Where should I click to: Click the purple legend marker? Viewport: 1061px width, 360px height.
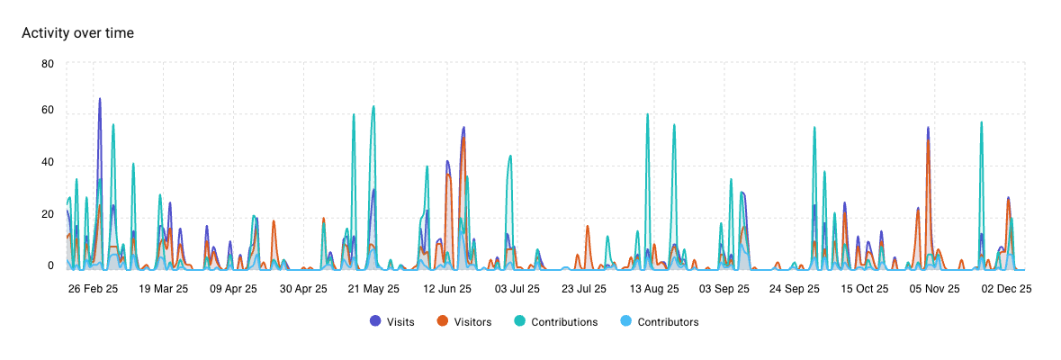click(x=375, y=320)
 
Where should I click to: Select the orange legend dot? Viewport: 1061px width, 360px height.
click(x=442, y=320)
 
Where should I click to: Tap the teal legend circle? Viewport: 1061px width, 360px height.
click(x=519, y=320)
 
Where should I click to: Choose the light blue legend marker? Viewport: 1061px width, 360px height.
click(x=625, y=320)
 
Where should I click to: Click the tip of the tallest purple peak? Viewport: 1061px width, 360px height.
click(x=100, y=99)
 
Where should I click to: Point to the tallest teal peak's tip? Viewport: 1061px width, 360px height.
click(x=373, y=106)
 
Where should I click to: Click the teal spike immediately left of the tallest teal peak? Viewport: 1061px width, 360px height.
click(x=354, y=114)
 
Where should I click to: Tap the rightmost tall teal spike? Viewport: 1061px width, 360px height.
click(x=981, y=122)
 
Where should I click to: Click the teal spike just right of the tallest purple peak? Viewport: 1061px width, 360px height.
click(x=112, y=125)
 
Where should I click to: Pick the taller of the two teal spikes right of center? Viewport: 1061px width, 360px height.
click(x=647, y=114)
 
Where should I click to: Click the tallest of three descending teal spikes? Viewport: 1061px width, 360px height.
click(x=814, y=127)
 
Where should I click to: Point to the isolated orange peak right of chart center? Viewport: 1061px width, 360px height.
click(x=587, y=226)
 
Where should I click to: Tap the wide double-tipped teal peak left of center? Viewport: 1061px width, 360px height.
click(x=509, y=157)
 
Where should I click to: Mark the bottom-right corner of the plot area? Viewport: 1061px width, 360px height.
click(x=1025, y=269)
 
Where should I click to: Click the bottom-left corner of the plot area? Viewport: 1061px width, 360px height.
click(x=67, y=269)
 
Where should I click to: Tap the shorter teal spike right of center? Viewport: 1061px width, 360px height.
click(x=673, y=125)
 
